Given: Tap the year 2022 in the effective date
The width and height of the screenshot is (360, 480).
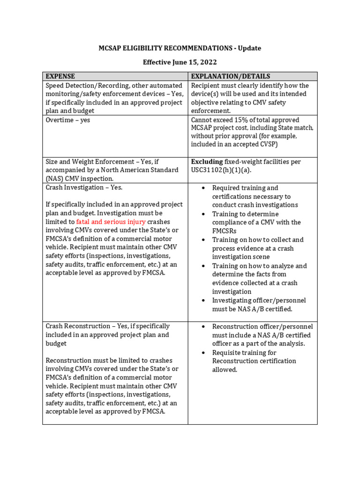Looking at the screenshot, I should [x=208, y=62].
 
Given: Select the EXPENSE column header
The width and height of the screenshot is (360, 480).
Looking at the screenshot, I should [x=60, y=76].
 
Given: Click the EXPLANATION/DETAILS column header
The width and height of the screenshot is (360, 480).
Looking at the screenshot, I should [x=230, y=76].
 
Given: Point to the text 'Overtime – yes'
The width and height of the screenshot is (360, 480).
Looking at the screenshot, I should [x=67, y=120].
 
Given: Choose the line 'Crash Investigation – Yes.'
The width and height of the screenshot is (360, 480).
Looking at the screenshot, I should [x=84, y=187].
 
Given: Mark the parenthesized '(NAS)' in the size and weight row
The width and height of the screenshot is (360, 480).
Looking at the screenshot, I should [x=54, y=179].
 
